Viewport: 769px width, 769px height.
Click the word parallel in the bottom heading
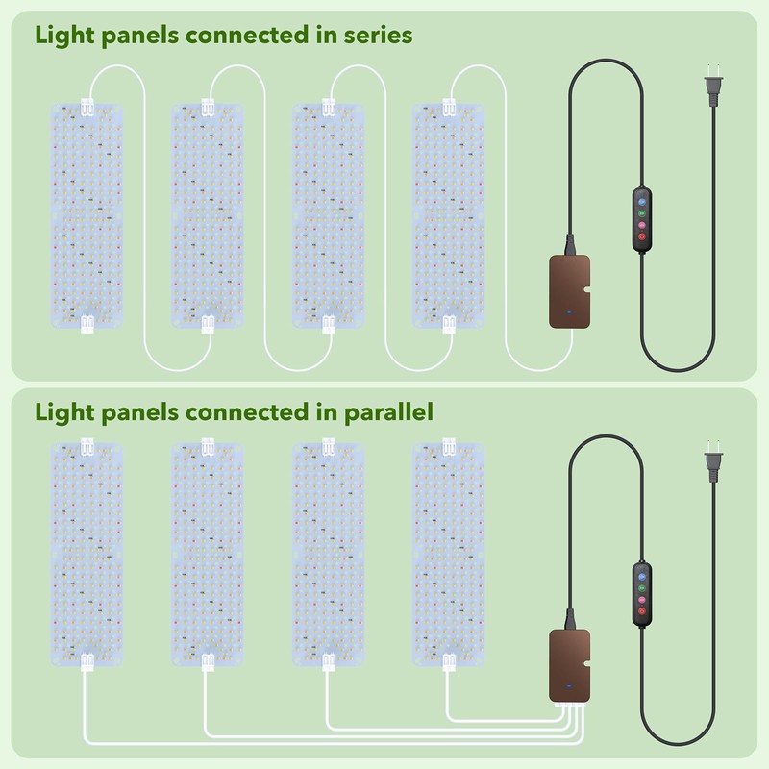click(388, 412)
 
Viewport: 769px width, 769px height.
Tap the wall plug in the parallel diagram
click(713, 463)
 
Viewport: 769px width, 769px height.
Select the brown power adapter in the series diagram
click(569, 292)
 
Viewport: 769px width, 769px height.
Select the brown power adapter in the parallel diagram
click(569, 666)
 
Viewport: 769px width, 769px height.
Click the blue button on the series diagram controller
click(641, 202)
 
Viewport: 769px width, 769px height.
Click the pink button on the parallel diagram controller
click(641, 600)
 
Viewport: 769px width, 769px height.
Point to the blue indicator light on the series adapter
click(569, 311)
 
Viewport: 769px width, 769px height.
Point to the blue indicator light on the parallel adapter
click(569, 685)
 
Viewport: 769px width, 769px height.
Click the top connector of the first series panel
click(87, 108)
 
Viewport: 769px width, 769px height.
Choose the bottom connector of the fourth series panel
click(449, 324)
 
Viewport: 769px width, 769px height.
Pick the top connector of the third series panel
click(329, 108)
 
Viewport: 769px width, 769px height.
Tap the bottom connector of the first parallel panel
click(87, 662)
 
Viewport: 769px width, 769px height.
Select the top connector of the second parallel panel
click(208, 447)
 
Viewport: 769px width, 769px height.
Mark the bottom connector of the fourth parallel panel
click(449, 662)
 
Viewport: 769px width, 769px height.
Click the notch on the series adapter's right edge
click(587, 289)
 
